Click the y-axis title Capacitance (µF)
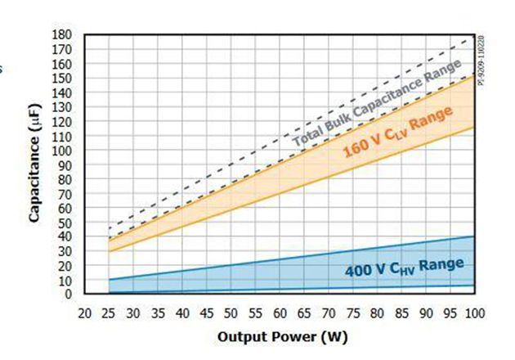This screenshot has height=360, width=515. click(35, 164)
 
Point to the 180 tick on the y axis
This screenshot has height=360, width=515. click(62, 34)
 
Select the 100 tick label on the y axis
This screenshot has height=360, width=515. click(62, 150)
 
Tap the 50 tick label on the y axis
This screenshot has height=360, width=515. click(65, 223)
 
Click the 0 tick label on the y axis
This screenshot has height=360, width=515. click(69, 294)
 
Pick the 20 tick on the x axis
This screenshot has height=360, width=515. click(84, 313)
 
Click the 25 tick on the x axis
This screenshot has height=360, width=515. click(109, 313)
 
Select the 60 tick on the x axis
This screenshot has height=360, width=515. click(280, 313)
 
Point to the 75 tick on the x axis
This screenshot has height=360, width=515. click(352, 313)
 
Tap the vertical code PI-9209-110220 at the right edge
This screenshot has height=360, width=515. click(481, 61)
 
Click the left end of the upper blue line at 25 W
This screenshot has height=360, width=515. click(109, 280)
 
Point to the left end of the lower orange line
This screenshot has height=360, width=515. click(109, 250)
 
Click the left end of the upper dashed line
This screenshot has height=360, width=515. click(109, 228)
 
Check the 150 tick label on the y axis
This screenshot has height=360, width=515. click(62, 78)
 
